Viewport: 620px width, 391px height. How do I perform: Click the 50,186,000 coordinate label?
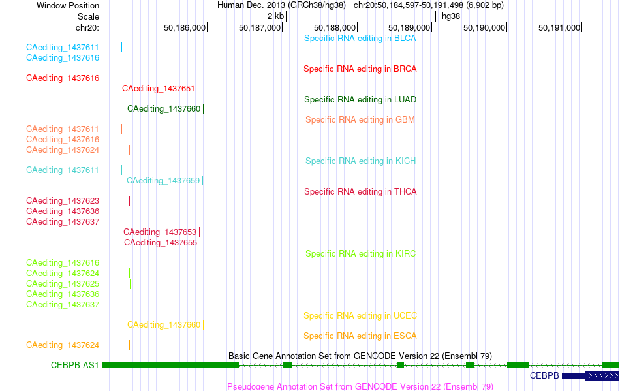click(185, 28)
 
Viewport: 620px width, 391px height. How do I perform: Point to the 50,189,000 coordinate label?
click(409, 28)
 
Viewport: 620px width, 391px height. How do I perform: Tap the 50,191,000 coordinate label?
click(559, 28)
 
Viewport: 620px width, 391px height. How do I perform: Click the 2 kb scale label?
click(275, 16)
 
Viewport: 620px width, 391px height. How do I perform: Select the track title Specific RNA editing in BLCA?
click(360, 39)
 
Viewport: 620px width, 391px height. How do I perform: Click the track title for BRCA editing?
click(360, 69)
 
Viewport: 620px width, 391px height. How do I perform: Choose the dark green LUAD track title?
click(360, 100)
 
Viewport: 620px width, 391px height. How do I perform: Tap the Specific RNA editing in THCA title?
click(360, 192)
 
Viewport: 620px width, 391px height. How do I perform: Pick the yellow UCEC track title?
click(360, 316)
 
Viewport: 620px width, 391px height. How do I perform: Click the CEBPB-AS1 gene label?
click(75, 366)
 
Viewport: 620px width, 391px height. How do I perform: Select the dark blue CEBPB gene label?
click(544, 375)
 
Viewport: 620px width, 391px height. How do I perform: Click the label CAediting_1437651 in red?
click(158, 89)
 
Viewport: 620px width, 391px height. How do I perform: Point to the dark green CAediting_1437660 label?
click(164, 109)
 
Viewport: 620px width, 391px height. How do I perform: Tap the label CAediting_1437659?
click(163, 181)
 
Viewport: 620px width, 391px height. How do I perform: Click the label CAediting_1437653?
click(160, 232)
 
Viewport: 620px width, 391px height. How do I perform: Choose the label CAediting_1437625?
click(63, 284)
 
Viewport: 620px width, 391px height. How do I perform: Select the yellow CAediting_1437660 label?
click(164, 325)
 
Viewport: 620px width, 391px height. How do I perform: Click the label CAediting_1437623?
click(63, 201)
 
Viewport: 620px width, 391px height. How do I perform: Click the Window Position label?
click(68, 5)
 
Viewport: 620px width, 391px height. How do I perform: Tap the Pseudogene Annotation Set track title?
click(360, 386)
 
